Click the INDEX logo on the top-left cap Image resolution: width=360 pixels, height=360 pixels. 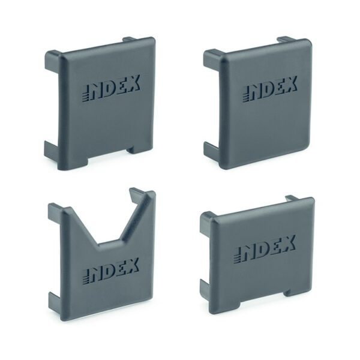(x=111, y=88)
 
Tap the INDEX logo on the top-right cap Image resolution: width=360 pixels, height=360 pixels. (x=269, y=89)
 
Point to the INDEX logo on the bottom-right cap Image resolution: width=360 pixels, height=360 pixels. (x=265, y=250)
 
